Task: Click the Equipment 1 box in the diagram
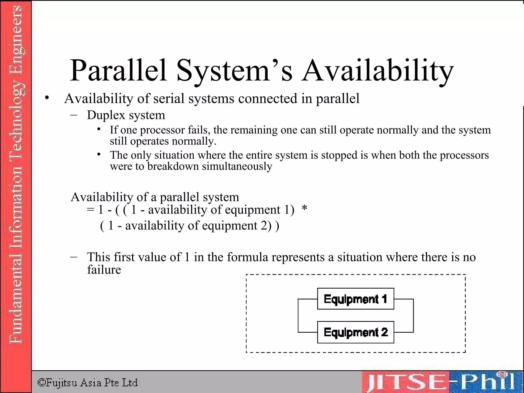point(355,299)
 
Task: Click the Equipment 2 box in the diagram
point(355,332)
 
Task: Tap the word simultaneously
point(237,166)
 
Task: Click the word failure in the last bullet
point(104,269)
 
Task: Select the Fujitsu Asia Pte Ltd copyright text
point(88,383)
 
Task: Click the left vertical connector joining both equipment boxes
point(298,315)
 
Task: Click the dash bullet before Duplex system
point(74,115)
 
